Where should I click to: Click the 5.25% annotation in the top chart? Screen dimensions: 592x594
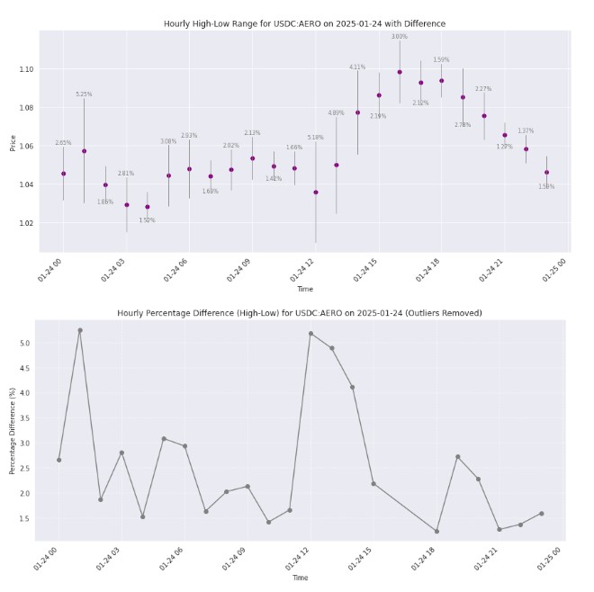coord(84,94)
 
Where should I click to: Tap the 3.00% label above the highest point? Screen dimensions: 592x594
coord(400,37)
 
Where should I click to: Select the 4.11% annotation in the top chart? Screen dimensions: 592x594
coord(357,67)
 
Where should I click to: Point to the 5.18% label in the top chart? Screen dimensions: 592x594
coord(315,138)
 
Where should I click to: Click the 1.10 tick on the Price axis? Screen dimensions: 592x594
coord(26,69)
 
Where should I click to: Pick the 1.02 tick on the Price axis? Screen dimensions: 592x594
coord(26,223)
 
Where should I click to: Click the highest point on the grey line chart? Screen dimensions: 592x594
coord(80,330)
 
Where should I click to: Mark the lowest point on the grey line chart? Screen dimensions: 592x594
coord(436,532)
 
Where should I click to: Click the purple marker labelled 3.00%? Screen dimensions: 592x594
coord(400,72)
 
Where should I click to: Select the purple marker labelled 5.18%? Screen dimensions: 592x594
coord(315,192)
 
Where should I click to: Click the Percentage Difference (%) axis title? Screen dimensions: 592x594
coord(13,425)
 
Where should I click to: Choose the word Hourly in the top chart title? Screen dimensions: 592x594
coord(177,23)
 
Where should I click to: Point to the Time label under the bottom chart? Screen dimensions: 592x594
coord(300,578)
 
